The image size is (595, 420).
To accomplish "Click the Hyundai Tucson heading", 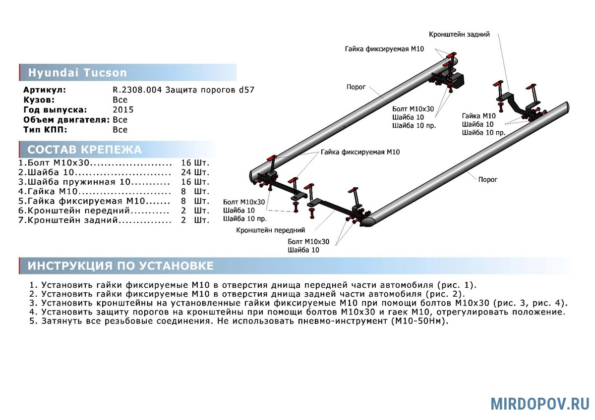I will click(77, 73).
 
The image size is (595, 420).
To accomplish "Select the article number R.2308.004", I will click(137, 90).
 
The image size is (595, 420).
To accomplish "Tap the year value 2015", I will click(123, 110).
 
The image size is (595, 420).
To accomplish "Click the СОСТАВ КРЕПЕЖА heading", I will click(84, 150).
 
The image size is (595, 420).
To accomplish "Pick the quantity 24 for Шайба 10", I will click(186, 172).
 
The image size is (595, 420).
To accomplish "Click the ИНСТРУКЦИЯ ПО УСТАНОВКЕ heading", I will click(120, 266).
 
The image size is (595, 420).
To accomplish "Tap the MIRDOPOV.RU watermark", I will click(540, 403).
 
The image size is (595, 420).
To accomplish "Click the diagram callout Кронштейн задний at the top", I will click(459, 34).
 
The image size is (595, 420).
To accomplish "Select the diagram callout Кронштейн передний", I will click(271, 230).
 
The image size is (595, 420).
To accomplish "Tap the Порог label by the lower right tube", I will click(487, 179).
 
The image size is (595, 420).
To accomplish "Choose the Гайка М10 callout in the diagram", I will click(478, 116).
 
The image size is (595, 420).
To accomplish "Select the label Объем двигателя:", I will click(66, 120).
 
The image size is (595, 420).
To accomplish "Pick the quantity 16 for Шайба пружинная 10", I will click(186, 182).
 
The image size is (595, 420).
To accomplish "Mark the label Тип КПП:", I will click(45, 130).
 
